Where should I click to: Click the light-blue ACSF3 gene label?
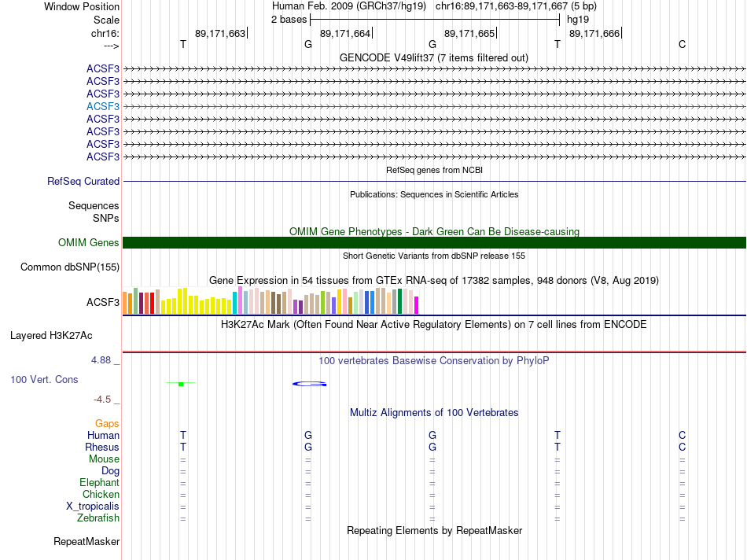pos(103,106)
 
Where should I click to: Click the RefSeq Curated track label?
pos(83,181)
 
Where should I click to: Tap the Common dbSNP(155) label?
pos(70,267)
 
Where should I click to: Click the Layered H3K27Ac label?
pos(51,336)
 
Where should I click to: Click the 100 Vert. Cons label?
pos(44,379)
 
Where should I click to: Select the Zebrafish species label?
pos(98,518)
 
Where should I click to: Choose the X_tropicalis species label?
pos(93,507)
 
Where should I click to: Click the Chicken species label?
pos(101,495)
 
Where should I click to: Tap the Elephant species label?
pos(99,483)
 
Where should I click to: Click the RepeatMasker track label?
pos(86,542)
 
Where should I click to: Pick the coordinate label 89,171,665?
pos(469,33)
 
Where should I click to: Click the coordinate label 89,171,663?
pos(220,33)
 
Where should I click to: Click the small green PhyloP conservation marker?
pos(181,384)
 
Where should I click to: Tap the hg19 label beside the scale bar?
pos(578,19)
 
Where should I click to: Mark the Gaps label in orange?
pos(107,423)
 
